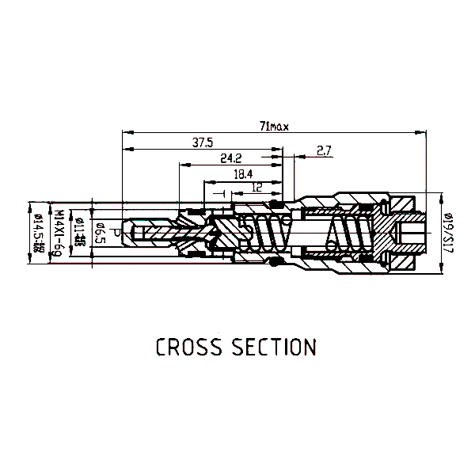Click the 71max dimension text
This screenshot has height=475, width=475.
(x=274, y=126)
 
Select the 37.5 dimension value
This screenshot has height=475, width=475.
(x=203, y=142)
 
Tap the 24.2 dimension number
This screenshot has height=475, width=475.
(x=231, y=158)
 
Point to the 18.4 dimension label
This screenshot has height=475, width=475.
(x=242, y=173)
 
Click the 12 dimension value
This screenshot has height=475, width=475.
(x=256, y=188)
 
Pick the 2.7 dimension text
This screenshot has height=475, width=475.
(x=324, y=150)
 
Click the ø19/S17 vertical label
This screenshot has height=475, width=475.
(x=447, y=234)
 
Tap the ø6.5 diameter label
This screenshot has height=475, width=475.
(x=101, y=234)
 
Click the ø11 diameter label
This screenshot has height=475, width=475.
(x=78, y=233)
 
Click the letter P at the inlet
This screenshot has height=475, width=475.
(x=116, y=234)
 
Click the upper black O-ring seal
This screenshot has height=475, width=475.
(x=277, y=205)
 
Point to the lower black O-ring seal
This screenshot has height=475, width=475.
(x=277, y=262)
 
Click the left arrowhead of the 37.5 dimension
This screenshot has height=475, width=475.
(x=125, y=149)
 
